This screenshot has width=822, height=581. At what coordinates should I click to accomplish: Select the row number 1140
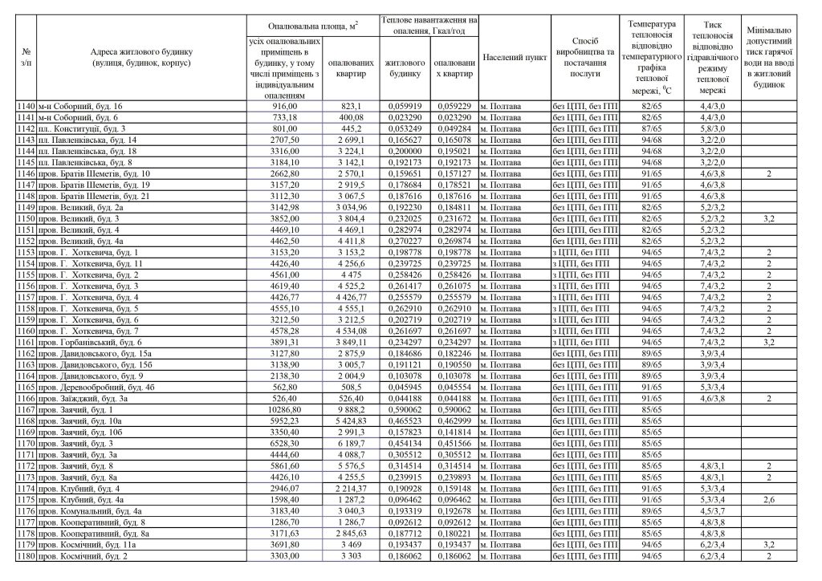(26, 105)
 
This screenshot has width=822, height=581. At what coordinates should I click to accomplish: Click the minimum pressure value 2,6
(768, 498)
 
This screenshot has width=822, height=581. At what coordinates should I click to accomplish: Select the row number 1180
(26, 555)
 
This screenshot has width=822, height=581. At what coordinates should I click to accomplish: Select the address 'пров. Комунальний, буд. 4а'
(90, 510)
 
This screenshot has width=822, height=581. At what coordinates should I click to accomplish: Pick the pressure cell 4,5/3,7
(712, 510)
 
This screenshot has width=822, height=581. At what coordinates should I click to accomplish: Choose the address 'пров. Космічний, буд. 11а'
(90, 543)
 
